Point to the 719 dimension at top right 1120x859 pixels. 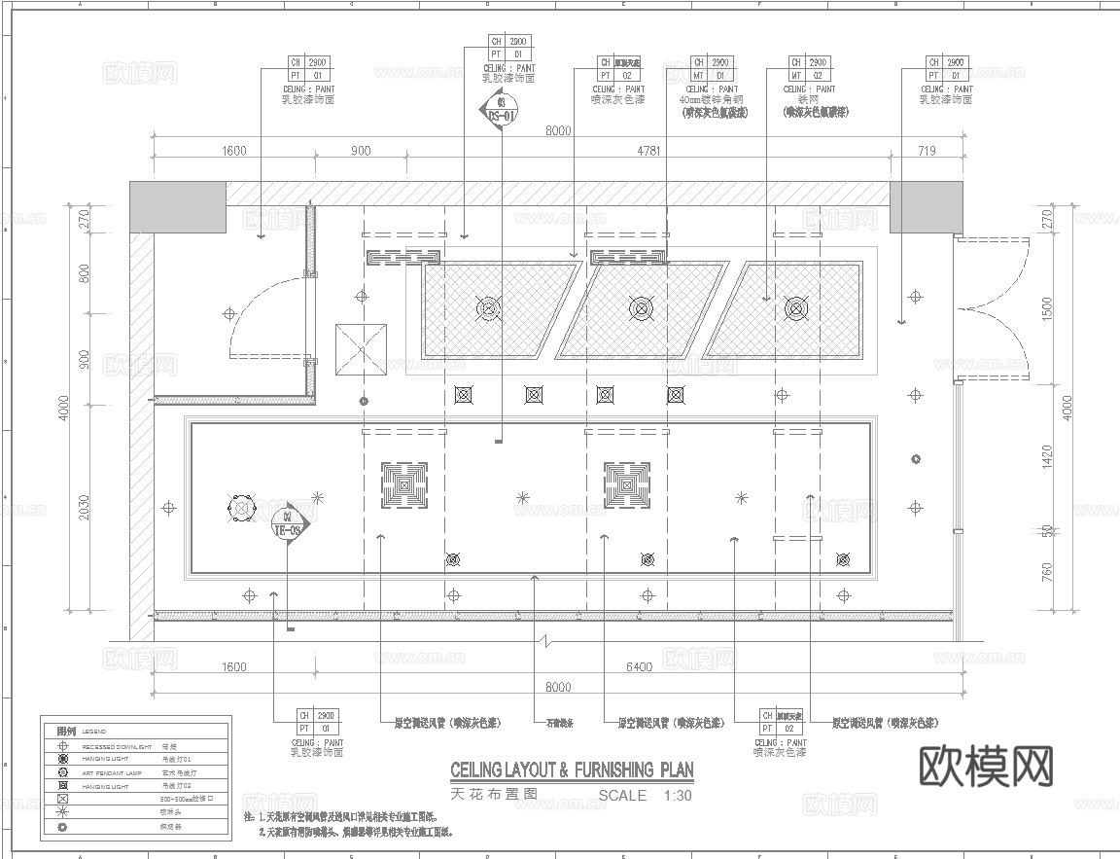925,151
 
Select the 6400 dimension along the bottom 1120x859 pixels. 638,667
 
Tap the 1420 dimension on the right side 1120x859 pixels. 1047,456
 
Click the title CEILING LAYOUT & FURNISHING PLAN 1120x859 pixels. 572,770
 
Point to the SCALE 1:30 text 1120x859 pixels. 645,796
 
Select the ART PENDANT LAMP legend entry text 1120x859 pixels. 111,772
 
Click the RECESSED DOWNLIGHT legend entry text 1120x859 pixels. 117,746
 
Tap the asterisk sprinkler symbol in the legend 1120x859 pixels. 63,811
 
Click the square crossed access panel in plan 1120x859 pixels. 361,350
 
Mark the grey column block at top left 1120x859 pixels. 178,206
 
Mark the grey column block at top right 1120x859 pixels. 925,206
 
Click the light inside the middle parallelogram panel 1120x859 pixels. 641,309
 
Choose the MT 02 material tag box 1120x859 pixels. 807,69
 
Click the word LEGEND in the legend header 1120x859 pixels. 94,732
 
